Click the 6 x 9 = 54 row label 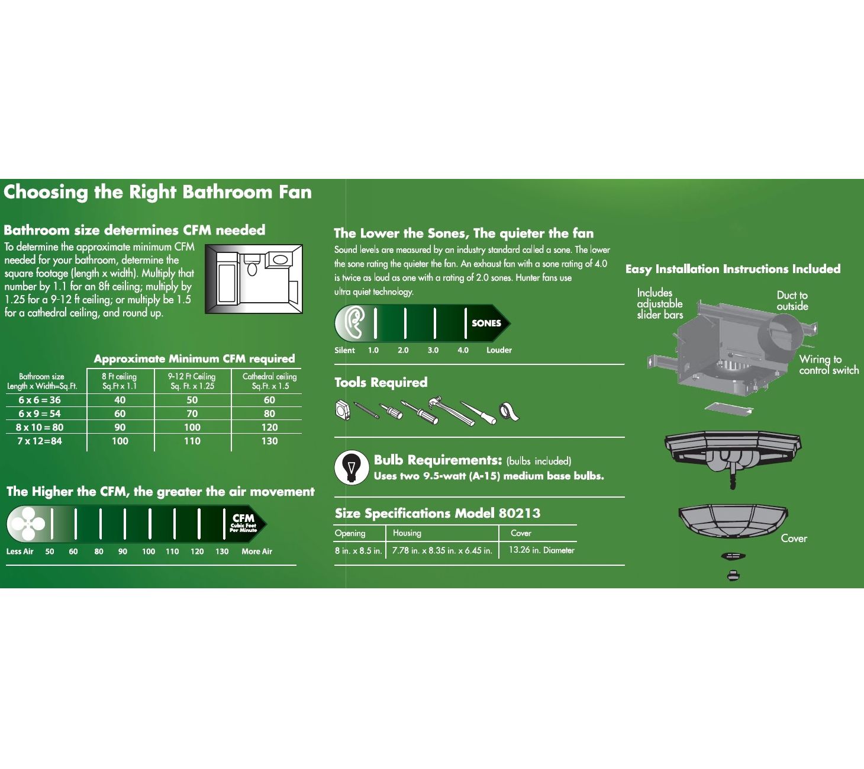pos(40,414)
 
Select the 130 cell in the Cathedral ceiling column pos(269,441)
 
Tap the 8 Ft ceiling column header pos(120,382)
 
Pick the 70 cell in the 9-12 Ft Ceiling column pos(192,414)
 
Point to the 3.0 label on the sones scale pos(433,350)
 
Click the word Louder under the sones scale pos(499,350)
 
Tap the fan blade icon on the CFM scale pos(28,524)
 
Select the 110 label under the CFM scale pos(172,551)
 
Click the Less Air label pos(20,551)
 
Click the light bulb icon pos(352,467)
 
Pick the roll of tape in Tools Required pos(509,412)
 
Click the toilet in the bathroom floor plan pos(252,265)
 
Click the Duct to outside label pos(792,300)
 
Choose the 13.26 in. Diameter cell pos(541,550)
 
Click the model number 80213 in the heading pos(520,513)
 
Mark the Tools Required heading pos(381,382)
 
